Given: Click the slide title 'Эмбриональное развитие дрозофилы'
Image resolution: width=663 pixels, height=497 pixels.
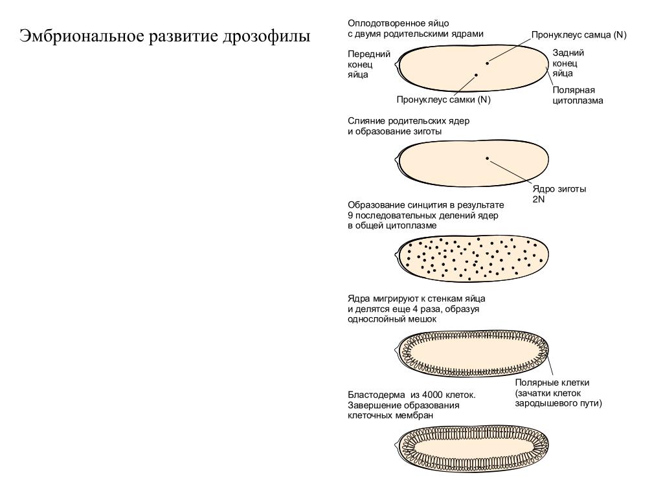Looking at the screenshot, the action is pyautogui.click(x=164, y=36).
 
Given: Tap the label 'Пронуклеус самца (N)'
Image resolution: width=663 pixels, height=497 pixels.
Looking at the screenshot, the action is pyautogui.click(x=579, y=35).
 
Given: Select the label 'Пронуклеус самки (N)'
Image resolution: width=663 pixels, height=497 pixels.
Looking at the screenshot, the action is pyautogui.click(x=444, y=100).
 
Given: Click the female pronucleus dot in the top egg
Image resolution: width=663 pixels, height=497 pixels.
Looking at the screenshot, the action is pyautogui.click(x=476, y=75).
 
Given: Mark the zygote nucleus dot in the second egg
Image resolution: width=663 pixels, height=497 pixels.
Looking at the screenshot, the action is pyautogui.click(x=487, y=157).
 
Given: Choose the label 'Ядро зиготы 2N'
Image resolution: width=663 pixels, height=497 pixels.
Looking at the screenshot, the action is pyautogui.click(x=559, y=194).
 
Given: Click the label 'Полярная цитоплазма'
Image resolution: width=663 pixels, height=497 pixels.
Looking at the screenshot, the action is pyautogui.click(x=578, y=95).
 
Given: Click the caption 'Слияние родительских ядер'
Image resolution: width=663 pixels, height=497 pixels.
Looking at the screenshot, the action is pyautogui.click(x=408, y=121).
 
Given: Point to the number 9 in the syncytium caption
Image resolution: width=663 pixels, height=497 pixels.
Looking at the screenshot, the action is pyautogui.click(x=350, y=215).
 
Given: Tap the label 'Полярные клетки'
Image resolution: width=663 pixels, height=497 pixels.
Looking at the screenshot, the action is pyautogui.click(x=552, y=382).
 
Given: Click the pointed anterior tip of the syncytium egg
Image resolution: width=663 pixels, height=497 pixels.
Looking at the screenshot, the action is pyautogui.click(x=396, y=257).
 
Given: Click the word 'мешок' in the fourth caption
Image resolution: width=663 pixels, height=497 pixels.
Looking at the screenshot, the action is pyautogui.click(x=422, y=319).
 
